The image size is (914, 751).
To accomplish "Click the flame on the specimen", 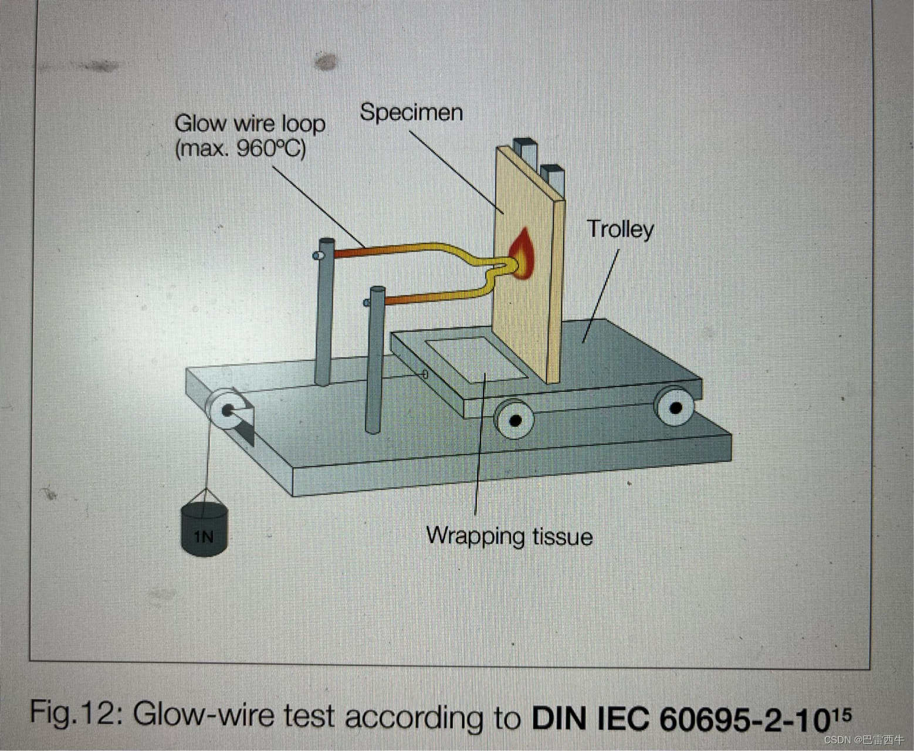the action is point(522,254).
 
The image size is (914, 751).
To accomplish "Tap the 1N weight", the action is point(204,528).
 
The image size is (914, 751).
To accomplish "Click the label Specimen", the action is point(411,112).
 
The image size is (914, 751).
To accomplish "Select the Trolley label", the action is point(620,229).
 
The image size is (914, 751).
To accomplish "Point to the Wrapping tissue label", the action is point(509,536).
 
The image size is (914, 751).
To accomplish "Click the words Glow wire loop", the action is point(250,124).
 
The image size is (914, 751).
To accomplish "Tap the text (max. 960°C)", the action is point(241,148).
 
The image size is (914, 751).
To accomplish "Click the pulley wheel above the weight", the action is point(226,410).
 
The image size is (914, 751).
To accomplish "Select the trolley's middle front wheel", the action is point(514,420).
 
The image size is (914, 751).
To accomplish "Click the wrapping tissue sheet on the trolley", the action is point(475,358).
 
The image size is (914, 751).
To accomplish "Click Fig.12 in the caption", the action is point(75,713).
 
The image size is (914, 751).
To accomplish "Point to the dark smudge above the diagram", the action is point(326,61).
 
